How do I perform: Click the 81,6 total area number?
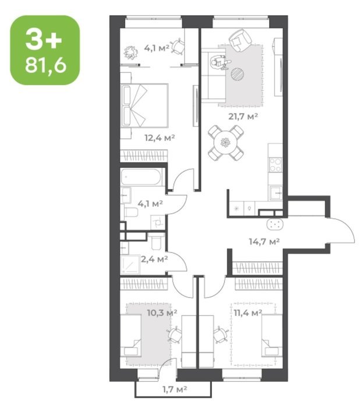click(x=46, y=65)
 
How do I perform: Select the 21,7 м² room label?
click(x=243, y=117)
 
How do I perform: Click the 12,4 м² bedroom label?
click(x=160, y=138)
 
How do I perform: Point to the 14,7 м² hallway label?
click(x=264, y=242)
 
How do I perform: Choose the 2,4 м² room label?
click(x=154, y=259)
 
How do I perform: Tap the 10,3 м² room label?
click(x=162, y=312)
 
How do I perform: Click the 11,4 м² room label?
click(x=248, y=312)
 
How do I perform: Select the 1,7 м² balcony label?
click(x=175, y=389)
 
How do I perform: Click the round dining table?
click(x=225, y=143)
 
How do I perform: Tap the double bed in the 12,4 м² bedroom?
click(x=144, y=105)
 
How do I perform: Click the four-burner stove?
click(x=276, y=165)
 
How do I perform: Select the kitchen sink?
click(x=276, y=193)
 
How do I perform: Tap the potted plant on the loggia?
click(x=130, y=52)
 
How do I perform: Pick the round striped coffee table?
click(x=237, y=73)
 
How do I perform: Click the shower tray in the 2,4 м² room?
click(x=130, y=265)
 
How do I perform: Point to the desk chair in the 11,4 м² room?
click(x=221, y=334)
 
